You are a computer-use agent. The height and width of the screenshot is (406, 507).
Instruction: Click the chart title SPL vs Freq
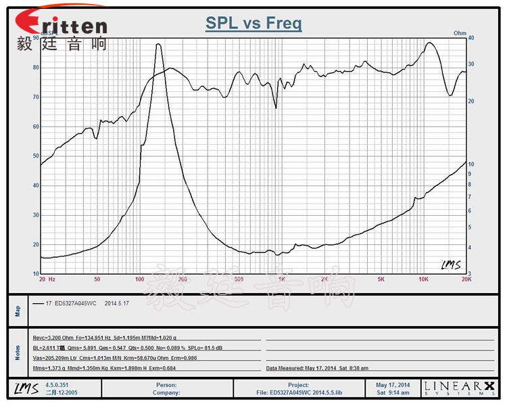[x=254, y=24]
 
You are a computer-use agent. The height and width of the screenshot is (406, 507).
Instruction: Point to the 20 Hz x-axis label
[x=47, y=279]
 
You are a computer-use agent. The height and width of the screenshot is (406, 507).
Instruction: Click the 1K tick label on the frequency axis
[x=281, y=279]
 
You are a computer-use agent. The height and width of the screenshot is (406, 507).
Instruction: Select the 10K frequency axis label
[x=424, y=279]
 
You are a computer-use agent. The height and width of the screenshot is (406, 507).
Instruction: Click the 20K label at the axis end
[x=465, y=279]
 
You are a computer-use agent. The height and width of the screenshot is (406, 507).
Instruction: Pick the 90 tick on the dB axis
[x=34, y=39]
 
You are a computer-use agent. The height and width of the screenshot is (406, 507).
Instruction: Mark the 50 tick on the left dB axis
[x=34, y=156]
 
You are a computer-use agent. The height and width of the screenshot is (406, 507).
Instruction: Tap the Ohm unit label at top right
[x=460, y=32]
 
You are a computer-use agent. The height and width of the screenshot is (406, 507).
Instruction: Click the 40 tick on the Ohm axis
[x=471, y=39]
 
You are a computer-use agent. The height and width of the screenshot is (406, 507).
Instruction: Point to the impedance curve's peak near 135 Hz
[x=158, y=45]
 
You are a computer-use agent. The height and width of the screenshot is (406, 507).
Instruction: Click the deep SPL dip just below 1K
[x=276, y=107]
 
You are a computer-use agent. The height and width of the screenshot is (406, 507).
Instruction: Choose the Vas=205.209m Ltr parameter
[x=54, y=357]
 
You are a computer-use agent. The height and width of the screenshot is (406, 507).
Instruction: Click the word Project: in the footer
[x=298, y=385]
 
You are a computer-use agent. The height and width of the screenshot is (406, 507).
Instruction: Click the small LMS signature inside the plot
[x=451, y=265]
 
